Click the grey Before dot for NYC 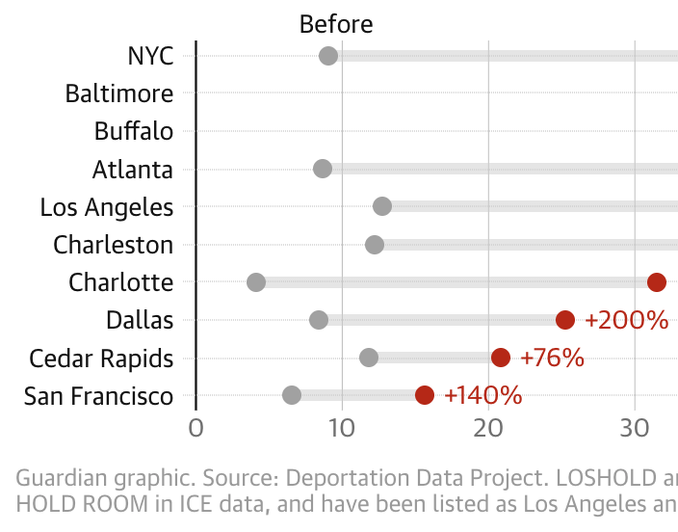(328, 56)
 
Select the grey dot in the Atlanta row (323, 169)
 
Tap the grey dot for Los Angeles (382, 206)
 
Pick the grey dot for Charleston (375, 245)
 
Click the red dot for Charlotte (657, 282)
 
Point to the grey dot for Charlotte (256, 282)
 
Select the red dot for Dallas (565, 320)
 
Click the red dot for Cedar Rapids (501, 358)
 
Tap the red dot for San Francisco (425, 395)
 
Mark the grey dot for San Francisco (292, 395)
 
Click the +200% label (626, 320)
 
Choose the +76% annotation (552, 358)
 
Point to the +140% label (483, 395)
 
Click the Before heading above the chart (336, 24)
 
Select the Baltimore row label (119, 93)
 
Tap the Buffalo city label (134, 131)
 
